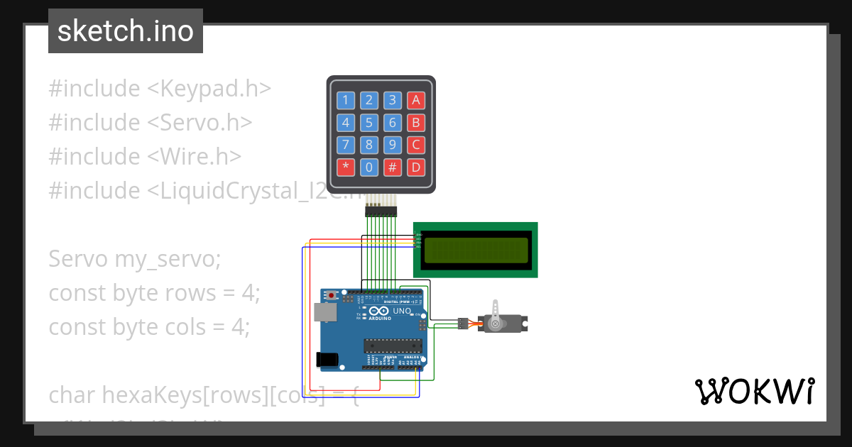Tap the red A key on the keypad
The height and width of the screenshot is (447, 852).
[x=416, y=100]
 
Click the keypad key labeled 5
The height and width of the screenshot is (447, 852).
[x=368, y=123]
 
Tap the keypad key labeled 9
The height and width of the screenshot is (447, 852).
[x=393, y=145]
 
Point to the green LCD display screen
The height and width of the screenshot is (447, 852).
[x=476, y=250]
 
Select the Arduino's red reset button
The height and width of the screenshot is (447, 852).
[x=331, y=295]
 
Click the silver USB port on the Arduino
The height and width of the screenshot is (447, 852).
[x=324, y=311]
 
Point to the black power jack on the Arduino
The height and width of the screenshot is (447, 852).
[x=327, y=360]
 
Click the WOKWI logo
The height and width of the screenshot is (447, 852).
[x=754, y=391]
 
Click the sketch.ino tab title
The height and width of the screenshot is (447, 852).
[x=126, y=31]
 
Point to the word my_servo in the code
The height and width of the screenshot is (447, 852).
[x=168, y=259]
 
